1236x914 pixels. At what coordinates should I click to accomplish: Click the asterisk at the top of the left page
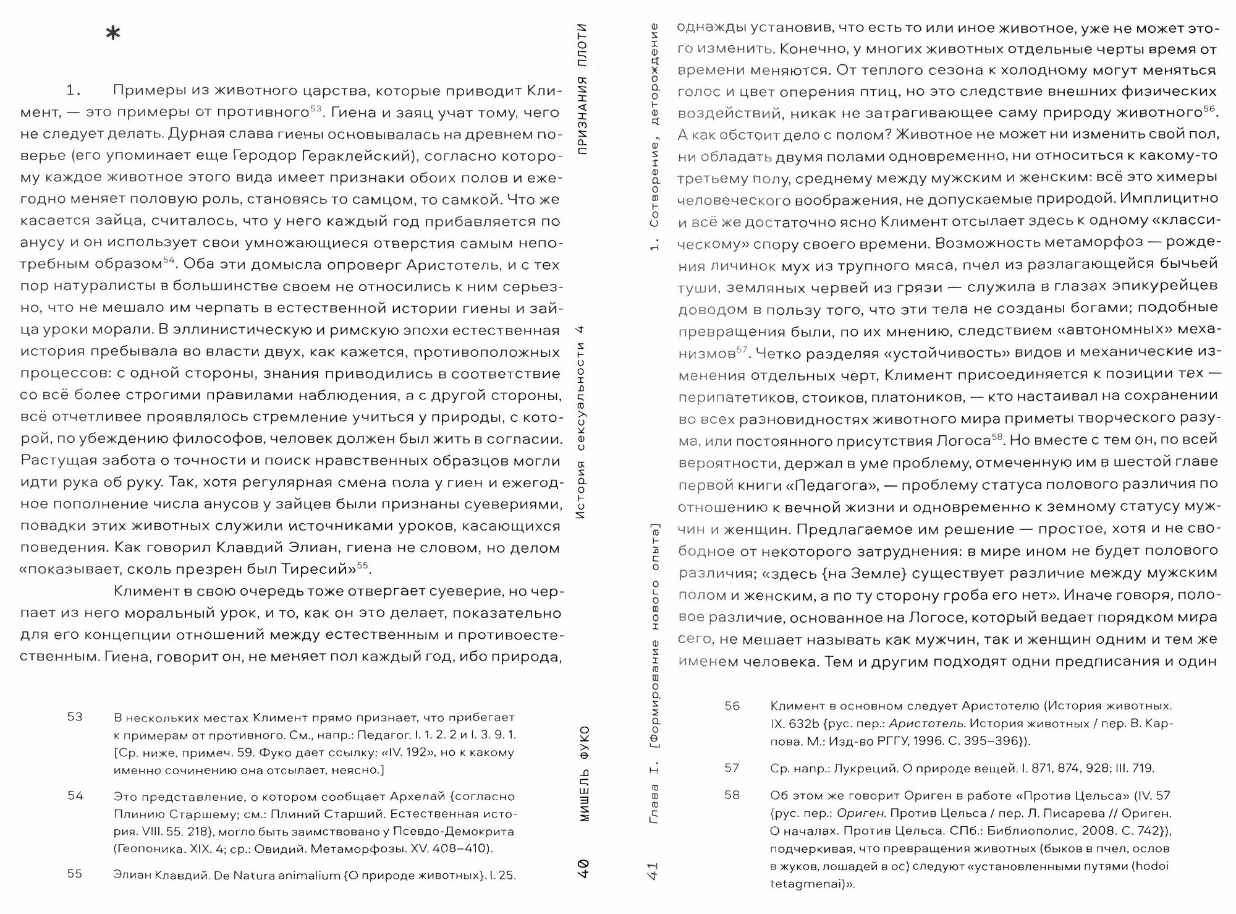click(x=113, y=35)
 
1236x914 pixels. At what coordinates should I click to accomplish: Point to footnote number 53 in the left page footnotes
click(x=75, y=717)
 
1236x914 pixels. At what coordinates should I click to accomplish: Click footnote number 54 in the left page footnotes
click(x=75, y=795)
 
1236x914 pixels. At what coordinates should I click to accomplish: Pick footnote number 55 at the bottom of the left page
click(x=75, y=874)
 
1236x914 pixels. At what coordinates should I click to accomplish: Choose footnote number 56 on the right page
click(x=732, y=706)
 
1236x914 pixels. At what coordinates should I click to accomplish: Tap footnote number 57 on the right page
click(x=732, y=768)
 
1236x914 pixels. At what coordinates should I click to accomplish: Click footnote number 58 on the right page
click(x=732, y=795)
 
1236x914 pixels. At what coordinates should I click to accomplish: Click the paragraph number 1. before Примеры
click(x=74, y=91)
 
